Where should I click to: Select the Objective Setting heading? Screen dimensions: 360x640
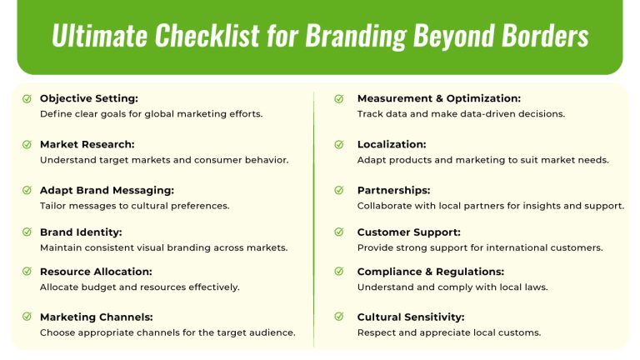tap(89, 98)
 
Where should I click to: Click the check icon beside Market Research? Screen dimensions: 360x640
tap(27, 144)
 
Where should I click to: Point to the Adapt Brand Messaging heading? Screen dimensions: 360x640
tap(107, 190)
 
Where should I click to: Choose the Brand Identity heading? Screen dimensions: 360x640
tap(81, 232)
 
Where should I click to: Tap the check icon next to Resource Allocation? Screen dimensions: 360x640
tap(27, 272)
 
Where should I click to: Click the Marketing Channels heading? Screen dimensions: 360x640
tap(96, 317)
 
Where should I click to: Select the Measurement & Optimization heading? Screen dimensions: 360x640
tap(438, 98)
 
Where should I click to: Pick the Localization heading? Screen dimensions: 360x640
tap(392, 144)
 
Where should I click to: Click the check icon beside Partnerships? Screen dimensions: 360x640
tap(339, 190)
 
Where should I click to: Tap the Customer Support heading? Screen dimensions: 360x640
tap(408, 232)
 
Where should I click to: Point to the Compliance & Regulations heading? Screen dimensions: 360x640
tap(430, 272)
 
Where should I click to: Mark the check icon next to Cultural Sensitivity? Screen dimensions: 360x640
tap(339, 317)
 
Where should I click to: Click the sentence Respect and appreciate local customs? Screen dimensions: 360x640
tap(449, 332)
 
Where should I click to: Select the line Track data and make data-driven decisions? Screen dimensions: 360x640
tap(461, 113)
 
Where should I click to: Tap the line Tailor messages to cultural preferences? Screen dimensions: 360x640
tap(134, 205)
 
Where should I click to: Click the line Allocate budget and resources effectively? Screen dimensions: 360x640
tap(139, 287)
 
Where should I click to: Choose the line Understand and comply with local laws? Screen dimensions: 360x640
tap(452, 287)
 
